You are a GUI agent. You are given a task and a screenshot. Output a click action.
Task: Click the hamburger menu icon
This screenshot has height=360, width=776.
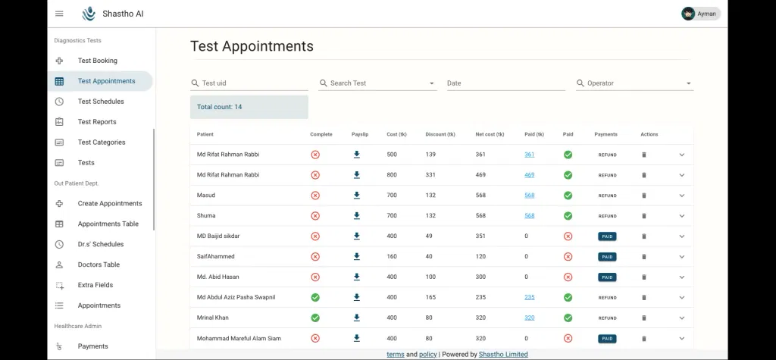pos(59,14)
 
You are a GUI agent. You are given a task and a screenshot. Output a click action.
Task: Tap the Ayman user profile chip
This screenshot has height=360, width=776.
pos(700,14)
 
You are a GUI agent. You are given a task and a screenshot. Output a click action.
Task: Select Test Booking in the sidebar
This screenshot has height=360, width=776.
pos(97,61)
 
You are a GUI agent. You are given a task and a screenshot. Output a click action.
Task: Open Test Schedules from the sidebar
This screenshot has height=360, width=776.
pos(101,102)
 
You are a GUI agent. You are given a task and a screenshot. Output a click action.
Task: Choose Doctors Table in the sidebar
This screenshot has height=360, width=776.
pos(99,265)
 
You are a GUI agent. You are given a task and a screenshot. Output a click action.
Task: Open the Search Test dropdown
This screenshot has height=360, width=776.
pos(377,83)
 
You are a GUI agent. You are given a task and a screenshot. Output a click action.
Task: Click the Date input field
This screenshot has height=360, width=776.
pos(505,83)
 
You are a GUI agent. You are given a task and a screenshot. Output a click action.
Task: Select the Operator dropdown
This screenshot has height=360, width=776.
pos(634,83)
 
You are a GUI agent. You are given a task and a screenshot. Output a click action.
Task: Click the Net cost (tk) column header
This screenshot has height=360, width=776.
pos(490,135)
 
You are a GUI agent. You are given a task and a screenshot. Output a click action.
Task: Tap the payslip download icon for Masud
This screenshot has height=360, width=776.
pos(357,196)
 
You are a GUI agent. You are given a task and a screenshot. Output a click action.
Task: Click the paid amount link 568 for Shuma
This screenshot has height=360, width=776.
pos(529,216)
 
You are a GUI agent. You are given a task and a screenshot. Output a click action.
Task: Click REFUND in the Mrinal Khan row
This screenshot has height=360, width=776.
pos(607,318)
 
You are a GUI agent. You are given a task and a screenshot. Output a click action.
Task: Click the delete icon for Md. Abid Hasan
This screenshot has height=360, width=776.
pos(644,277)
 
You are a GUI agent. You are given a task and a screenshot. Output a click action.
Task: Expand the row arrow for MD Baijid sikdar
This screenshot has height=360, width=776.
pos(681,236)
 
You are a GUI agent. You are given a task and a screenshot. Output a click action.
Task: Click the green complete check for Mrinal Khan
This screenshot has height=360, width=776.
pos(315,318)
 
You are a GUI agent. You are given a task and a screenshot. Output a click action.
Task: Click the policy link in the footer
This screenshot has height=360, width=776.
pos(427,355)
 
